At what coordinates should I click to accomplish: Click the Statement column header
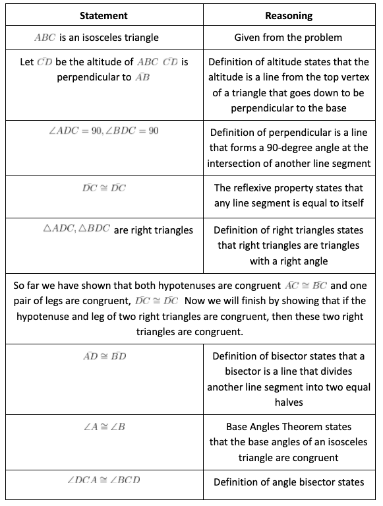click(103, 15)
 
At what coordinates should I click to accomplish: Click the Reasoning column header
click(288, 15)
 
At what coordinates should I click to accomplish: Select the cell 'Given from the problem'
click(288, 38)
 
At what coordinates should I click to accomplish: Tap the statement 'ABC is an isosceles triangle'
click(96, 38)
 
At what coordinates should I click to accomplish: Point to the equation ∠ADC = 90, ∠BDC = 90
click(103, 131)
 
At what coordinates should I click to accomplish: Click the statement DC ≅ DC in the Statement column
click(103, 188)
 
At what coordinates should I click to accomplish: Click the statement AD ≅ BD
click(103, 356)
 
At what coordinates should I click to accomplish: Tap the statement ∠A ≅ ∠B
click(103, 427)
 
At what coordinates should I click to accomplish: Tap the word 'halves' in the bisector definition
click(288, 402)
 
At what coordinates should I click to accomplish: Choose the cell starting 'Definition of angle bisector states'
click(288, 482)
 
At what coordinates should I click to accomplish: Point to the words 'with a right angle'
click(288, 261)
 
